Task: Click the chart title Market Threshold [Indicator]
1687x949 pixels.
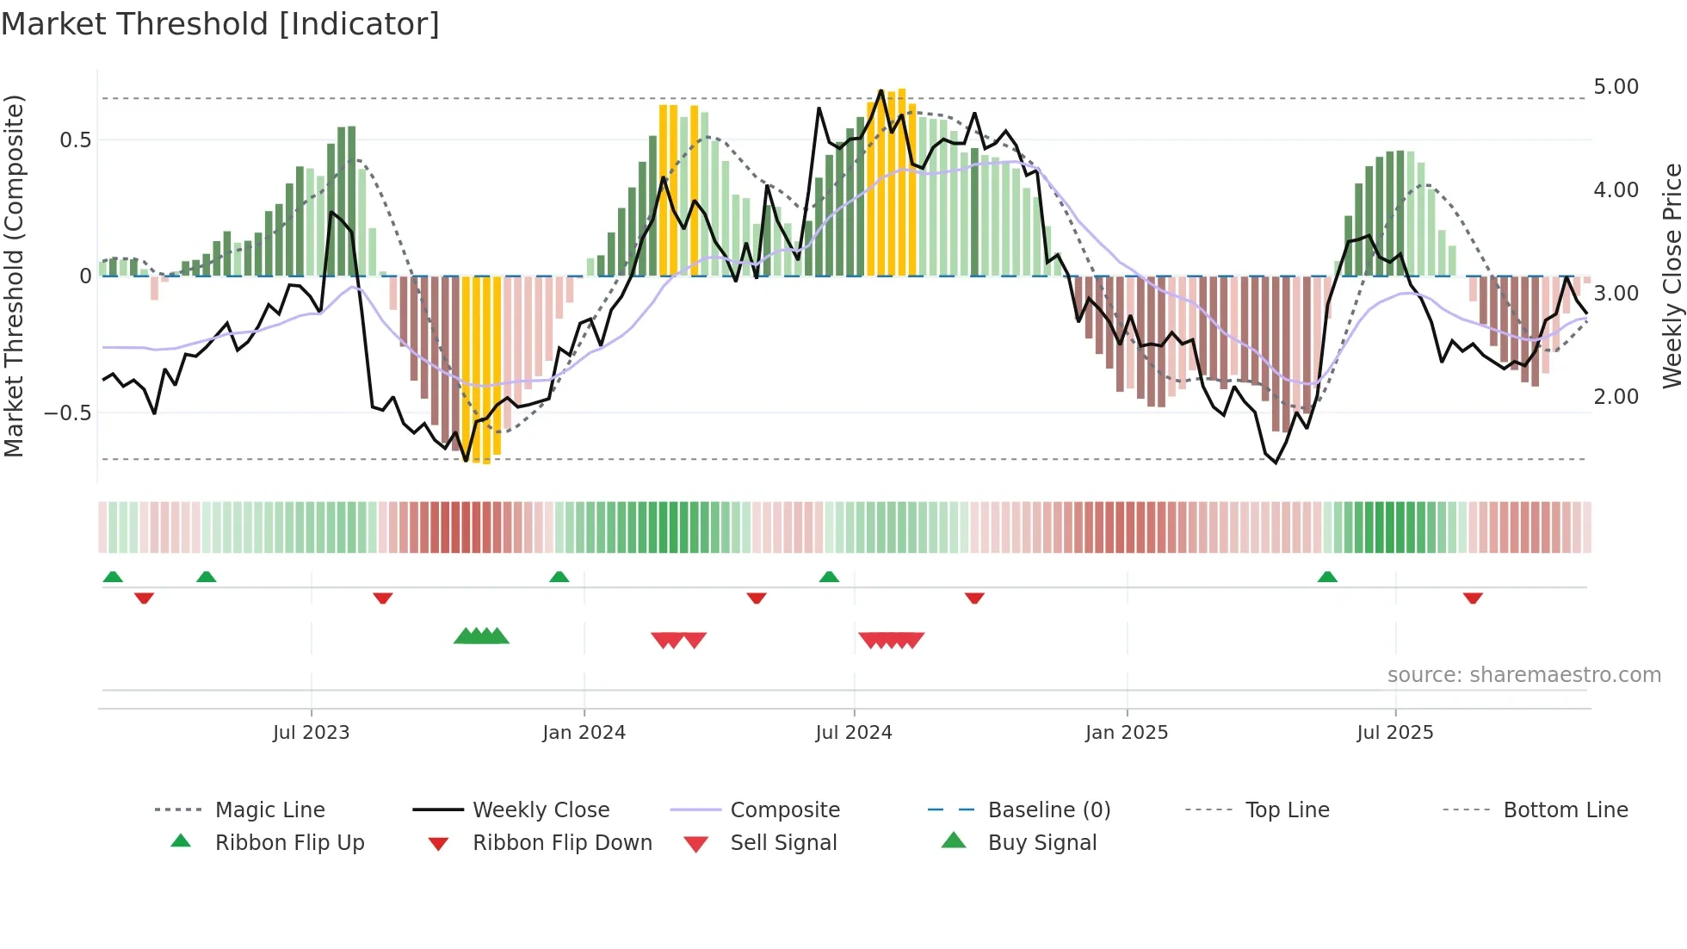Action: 220,24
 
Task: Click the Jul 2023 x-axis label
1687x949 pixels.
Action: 311,733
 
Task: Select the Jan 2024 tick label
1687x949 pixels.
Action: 584,733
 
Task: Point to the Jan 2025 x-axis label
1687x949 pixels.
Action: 1126,733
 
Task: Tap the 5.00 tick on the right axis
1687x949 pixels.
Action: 1616,87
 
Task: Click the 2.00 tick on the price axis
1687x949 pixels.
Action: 1616,397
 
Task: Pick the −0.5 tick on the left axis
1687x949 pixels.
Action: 67,412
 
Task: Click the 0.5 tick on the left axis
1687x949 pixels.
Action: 75,140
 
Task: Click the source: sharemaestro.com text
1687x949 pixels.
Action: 1523,675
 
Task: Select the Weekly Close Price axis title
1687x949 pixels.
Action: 1672,276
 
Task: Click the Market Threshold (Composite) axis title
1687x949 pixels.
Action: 14,276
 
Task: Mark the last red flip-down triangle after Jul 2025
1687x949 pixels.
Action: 1473,598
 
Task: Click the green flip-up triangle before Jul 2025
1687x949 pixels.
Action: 1327,577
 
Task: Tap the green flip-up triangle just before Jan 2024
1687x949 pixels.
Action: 559,577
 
